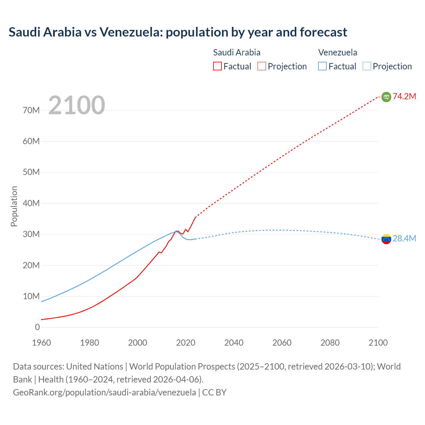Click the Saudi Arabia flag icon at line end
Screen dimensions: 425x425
point(386,97)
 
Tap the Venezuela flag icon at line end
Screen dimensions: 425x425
point(386,239)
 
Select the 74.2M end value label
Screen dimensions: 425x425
point(404,97)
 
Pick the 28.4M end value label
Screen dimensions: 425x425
point(404,239)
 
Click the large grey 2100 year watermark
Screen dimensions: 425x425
point(77,105)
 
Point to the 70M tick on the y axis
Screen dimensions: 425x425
point(31,110)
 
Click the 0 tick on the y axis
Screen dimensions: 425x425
point(37,327)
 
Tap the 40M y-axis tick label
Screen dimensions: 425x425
point(31,203)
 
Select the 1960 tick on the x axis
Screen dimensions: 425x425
point(42,343)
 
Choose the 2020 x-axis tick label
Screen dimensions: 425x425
point(186,343)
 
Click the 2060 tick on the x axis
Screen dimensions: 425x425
point(282,343)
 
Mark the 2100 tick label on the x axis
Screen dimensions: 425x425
point(378,343)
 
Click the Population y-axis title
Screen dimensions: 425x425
point(14,206)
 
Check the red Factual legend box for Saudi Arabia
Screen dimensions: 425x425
point(217,66)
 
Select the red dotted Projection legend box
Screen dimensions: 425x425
point(262,66)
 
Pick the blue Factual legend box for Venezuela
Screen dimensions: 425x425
point(322,66)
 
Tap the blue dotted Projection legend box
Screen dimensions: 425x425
point(367,66)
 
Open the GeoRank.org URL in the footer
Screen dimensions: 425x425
point(104,392)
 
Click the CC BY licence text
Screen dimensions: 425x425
point(214,392)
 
